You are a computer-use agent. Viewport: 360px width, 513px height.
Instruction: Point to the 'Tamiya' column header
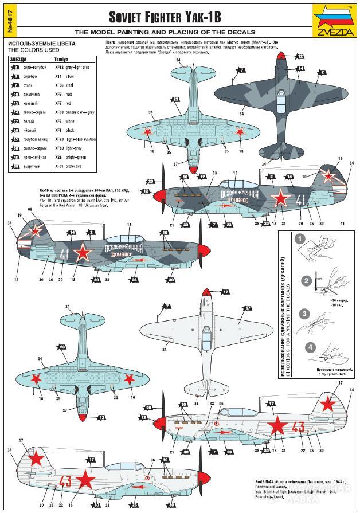pos(61,59)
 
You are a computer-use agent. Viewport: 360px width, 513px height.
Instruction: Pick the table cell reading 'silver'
pos(70,76)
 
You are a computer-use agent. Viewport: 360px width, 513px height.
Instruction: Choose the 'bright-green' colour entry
pos(76,157)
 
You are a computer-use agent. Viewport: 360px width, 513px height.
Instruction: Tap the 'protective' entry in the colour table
pos(74,166)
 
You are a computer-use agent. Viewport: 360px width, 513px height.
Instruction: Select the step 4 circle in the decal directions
pos(310,347)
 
